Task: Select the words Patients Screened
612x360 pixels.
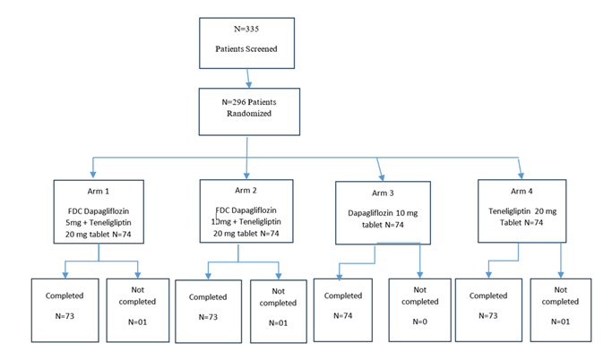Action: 246,49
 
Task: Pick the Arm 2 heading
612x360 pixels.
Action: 247,190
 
